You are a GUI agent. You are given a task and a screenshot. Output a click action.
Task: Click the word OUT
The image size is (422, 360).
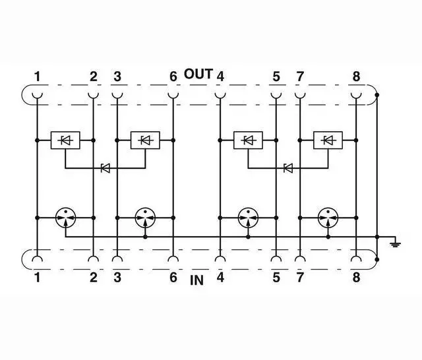(x=198, y=74)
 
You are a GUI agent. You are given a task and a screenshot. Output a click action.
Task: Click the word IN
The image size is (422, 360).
(x=196, y=280)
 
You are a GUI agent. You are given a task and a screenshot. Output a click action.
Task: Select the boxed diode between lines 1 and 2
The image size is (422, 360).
(x=65, y=140)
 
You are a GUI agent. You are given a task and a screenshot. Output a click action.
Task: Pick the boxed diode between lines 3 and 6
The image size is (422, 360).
(x=145, y=140)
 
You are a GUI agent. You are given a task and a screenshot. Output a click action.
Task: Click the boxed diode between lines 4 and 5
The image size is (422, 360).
(x=248, y=140)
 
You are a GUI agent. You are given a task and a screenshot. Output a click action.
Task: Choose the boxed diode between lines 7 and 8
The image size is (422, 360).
(x=328, y=140)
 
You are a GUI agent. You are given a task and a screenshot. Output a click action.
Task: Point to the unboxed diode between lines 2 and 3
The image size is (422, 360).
(x=105, y=167)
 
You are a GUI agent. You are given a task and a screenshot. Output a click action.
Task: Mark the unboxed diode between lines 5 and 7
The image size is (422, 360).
(x=287, y=167)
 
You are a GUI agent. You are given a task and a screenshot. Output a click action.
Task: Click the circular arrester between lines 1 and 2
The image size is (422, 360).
(x=65, y=217)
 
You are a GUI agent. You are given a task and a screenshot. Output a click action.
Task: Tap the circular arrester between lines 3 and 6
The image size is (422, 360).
(x=145, y=217)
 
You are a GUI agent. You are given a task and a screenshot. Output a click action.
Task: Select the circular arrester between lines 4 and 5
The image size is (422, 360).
(x=248, y=217)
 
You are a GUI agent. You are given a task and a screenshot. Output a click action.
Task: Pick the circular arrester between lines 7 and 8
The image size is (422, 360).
(x=328, y=217)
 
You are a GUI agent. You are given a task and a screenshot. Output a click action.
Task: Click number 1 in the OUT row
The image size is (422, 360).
(x=38, y=76)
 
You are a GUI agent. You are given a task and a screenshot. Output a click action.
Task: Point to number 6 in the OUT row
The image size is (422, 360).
(x=173, y=76)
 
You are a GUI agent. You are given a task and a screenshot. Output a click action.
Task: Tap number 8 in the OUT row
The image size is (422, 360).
(x=356, y=76)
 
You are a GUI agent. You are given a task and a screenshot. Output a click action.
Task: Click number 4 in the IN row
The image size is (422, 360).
(x=220, y=278)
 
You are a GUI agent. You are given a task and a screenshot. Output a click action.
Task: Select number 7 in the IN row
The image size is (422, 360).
(x=300, y=278)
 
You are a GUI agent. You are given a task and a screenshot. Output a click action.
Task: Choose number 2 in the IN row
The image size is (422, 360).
(x=94, y=278)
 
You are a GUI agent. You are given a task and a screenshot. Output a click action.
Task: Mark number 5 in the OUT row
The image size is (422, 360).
(x=276, y=76)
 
